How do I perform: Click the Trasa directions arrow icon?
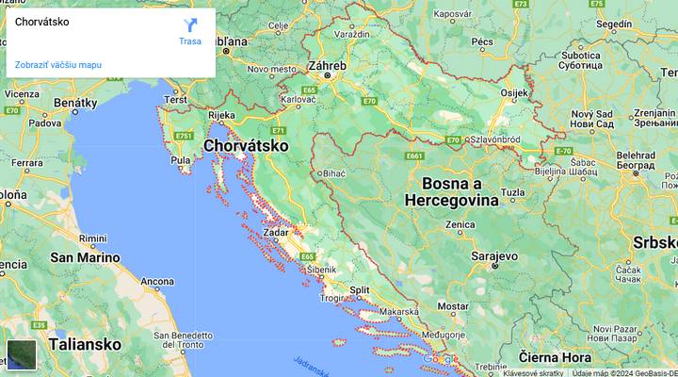pyautogui.click(x=189, y=25)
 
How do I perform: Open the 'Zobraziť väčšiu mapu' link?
pyautogui.click(x=58, y=65)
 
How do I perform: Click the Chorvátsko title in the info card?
pyautogui.click(x=42, y=22)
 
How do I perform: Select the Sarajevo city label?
pyautogui.click(x=493, y=255)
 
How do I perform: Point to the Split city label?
pyautogui.click(x=359, y=290)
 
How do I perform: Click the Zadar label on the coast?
pyautogui.click(x=277, y=232)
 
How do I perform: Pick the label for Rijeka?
pyautogui.click(x=221, y=116)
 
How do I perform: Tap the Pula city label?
pyautogui.click(x=181, y=160)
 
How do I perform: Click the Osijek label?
pyautogui.click(x=515, y=92)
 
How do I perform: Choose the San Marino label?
pyautogui.click(x=85, y=257)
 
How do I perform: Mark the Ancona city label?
pyautogui.click(x=156, y=281)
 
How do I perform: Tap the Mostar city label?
pyautogui.click(x=453, y=306)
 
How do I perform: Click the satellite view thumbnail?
pyautogui.click(x=22, y=354)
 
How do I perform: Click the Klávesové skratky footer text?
pyautogui.click(x=533, y=372)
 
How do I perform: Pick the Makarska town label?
pyautogui.click(x=399, y=311)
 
